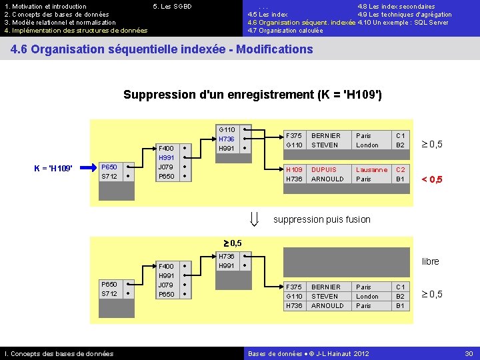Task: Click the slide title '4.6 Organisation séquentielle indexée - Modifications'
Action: [162, 49]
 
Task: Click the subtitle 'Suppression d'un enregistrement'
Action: [253, 95]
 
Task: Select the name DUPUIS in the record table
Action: [324, 170]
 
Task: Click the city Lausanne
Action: [371, 170]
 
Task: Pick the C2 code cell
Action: [401, 170]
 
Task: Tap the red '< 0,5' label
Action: [431, 179]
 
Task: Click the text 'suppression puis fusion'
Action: [322, 219]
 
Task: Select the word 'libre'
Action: [431, 261]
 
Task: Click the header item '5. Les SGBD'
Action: [172, 7]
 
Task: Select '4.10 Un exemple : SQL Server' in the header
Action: [403, 23]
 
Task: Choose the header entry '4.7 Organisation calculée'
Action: [285, 31]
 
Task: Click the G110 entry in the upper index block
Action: [227, 129]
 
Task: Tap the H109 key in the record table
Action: [294, 170]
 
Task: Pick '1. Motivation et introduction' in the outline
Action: [45, 7]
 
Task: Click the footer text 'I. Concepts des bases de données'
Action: [59, 353]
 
